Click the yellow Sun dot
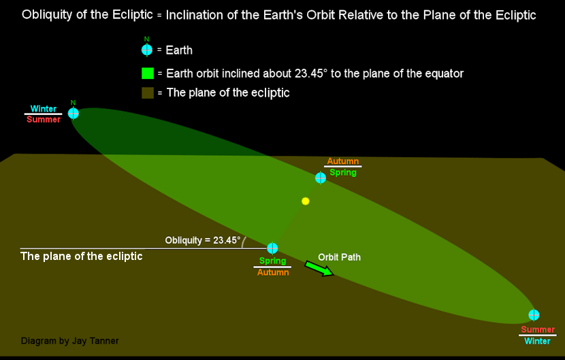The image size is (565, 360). point(305,201)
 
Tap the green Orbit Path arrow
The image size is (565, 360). point(319,269)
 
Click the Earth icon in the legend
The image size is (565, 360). point(146,50)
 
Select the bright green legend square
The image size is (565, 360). point(148,73)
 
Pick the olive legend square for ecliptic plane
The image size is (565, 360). point(148,93)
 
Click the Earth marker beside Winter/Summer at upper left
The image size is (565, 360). point(73,113)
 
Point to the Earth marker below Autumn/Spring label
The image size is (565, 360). point(321,178)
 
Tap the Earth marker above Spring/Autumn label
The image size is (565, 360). point(272,248)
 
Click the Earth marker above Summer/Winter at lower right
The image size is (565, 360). point(534,314)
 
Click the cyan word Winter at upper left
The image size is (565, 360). point(44,108)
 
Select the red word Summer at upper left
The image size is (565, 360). point(44,119)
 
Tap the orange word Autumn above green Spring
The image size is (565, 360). point(342,161)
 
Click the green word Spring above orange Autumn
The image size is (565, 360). point(272,261)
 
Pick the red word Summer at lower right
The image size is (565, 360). point(538,329)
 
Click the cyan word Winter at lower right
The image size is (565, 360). point(537,341)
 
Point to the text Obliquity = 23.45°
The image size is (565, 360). point(202,240)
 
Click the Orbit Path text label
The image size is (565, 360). point(339,257)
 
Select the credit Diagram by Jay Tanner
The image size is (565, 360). point(69,340)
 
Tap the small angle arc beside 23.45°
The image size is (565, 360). point(244,242)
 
